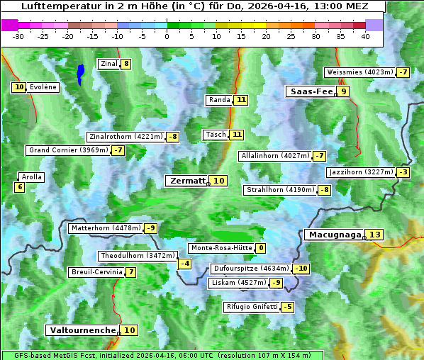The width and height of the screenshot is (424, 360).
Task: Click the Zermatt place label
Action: point(187,181)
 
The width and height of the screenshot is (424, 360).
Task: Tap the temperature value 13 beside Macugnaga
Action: point(375,235)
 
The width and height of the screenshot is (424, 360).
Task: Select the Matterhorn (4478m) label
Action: point(106,228)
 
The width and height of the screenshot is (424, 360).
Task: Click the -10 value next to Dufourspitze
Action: point(302,269)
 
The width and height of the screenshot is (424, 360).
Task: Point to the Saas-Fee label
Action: point(310,91)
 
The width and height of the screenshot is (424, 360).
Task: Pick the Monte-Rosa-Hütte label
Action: point(221,248)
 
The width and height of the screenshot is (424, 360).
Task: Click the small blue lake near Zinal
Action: point(80,74)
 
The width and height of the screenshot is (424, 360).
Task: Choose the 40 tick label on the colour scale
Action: point(365,37)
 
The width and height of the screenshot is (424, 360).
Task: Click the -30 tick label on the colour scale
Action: point(18,37)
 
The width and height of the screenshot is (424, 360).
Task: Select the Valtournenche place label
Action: point(82,330)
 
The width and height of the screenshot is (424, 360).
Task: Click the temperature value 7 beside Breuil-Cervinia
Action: point(130,272)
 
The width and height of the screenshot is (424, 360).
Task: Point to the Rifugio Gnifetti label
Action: point(252,307)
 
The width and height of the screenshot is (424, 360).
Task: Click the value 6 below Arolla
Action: point(19,187)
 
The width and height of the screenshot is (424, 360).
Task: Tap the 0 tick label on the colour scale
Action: point(167,37)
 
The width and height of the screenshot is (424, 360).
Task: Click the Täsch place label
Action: point(215,135)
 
